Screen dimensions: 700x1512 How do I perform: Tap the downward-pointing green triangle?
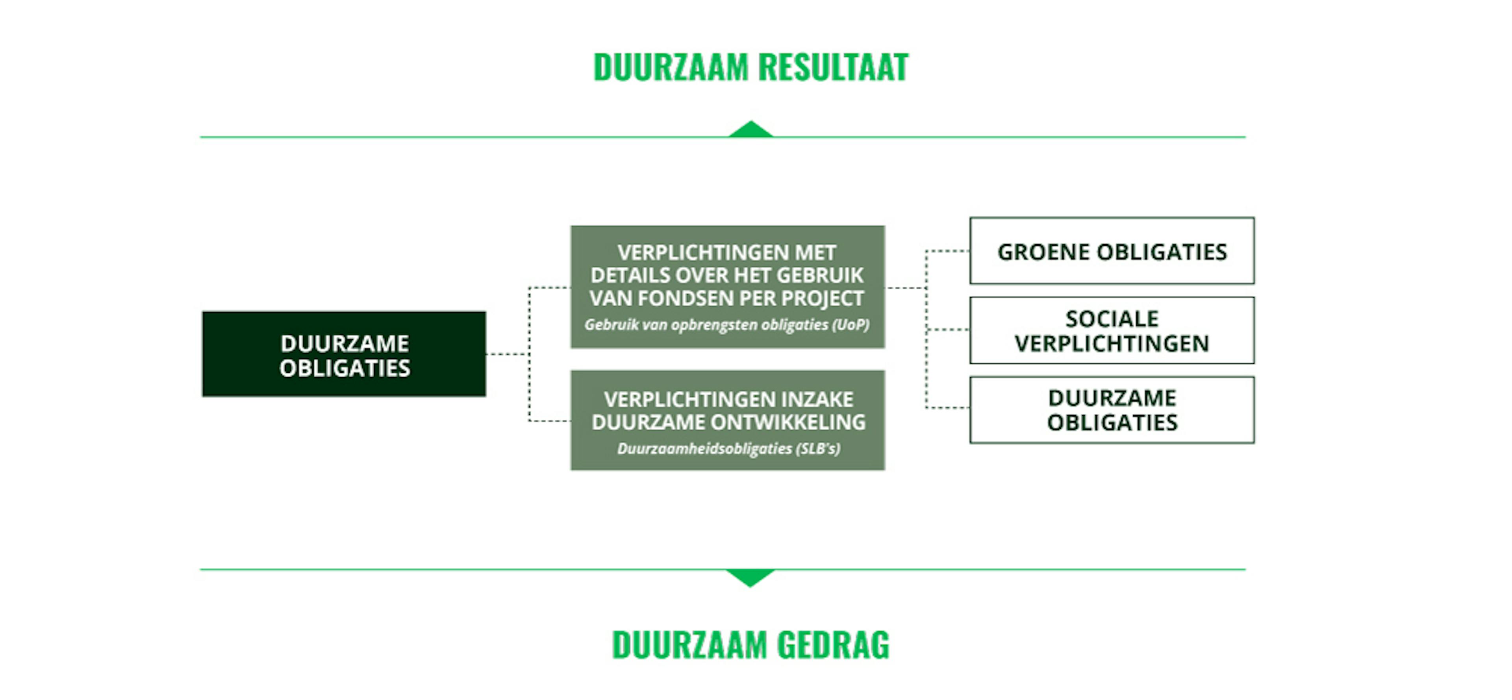pyautogui.click(x=750, y=577)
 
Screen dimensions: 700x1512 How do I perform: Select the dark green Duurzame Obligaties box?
pyautogui.click(x=344, y=354)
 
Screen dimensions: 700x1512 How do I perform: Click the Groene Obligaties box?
pyautogui.click(x=1112, y=251)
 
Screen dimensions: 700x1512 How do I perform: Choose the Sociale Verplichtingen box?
pyautogui.click(x=1112, y=330)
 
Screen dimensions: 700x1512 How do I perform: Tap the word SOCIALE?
pyautogui.click(x=1112, y=319)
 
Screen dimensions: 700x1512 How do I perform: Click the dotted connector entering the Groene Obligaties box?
pyautogui.click(x=947, y=251)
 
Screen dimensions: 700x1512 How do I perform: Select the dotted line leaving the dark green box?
pyautogui.click(x=507, y=354)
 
